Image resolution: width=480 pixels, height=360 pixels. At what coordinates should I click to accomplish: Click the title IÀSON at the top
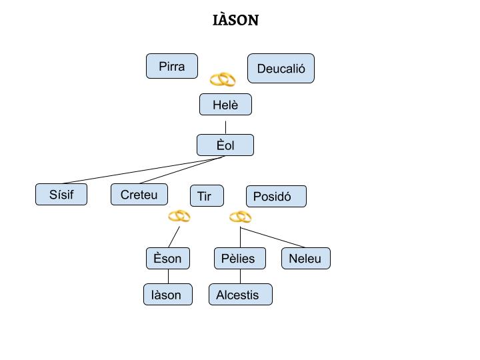235,20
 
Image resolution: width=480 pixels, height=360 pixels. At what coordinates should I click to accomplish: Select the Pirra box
172,66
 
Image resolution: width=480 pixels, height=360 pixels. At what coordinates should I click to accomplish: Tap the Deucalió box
281,69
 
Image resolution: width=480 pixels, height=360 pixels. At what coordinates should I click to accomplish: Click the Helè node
225,105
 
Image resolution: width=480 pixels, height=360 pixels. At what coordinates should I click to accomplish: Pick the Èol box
225,145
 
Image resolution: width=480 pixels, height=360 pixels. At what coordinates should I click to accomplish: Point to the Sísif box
61,195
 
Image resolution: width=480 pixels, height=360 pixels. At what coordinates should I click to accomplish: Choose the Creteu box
139,195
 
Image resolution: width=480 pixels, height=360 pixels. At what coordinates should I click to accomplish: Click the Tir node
207,196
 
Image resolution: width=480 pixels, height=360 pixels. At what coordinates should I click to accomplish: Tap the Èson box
168,259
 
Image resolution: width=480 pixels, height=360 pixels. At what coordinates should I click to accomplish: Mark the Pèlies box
240,259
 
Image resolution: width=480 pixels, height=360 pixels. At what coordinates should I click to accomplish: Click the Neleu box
305,259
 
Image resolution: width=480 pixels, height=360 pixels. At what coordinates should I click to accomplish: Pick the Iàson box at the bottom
168,295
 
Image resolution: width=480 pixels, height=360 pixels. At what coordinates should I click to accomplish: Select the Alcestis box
240,295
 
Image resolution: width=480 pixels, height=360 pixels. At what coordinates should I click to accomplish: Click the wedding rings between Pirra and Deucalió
223,80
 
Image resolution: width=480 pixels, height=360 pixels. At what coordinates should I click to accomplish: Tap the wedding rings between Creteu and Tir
179,216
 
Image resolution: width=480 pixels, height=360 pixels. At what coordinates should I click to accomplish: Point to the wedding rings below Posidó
240,217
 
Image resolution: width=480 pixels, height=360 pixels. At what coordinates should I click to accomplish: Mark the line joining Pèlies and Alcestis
241,277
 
